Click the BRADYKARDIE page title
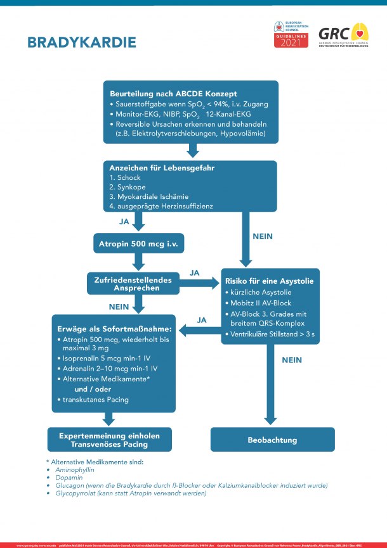pyautogui.click(x=81, y=42)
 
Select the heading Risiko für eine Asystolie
pyautogui.click(x=268, y=281)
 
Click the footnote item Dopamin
pyautogui.click(x=70, y=476)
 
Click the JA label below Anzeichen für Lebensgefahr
pyautogui.click(x=124, y=223)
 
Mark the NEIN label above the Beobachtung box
pyautogui.click(x=292, y=359)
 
